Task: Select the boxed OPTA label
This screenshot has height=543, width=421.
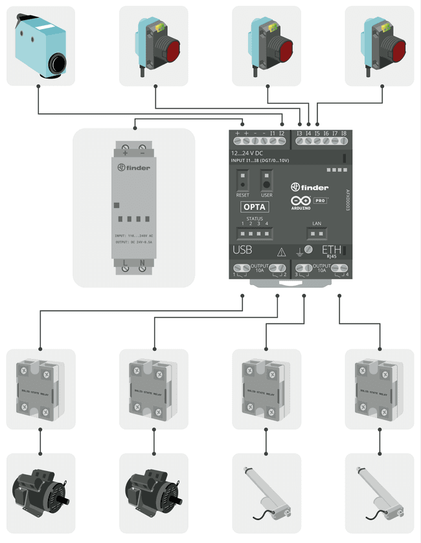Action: click(255, 207)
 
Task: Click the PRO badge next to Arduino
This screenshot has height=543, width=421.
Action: click(320, 201)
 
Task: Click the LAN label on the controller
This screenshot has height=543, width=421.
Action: click(317, 224)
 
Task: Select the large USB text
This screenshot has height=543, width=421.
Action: click(242, 249)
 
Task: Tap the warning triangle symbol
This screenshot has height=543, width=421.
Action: click(281, 253)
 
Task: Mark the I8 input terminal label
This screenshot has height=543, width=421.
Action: click(343, 133)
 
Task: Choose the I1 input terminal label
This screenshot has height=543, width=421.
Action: click(273, 133)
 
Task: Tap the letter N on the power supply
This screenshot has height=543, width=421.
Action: click(142, 264)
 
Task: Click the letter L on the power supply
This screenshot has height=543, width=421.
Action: click(124, 264)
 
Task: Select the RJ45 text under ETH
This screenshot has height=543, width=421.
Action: click(332, 257)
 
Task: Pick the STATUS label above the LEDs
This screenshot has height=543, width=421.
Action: click(255, 219)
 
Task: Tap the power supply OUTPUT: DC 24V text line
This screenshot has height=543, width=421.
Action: click(133, 242)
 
